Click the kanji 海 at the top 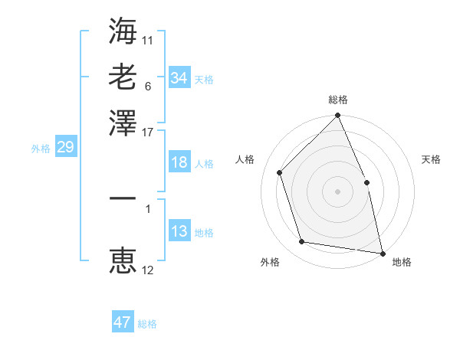click(123, 31)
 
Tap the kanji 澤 click(123, 123)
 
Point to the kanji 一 click(123, 198)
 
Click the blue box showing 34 click(179, 77)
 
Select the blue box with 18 click(179, 162)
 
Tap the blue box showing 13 click(179, 231)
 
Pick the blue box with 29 click(65, 148)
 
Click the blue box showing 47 click(123, 322)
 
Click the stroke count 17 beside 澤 click(148, 132)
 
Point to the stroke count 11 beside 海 click(148, 39)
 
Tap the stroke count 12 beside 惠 click(148, 270)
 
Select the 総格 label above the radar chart click(338, 100)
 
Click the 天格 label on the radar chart click(432, 159)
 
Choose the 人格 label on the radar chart click(245, 159)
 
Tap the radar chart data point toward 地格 click(382, 253)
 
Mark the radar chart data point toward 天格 click(366, 182)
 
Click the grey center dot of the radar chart click(338, 191)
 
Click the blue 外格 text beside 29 click(41, 149)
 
